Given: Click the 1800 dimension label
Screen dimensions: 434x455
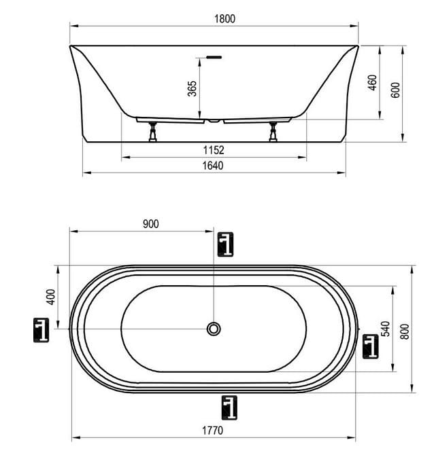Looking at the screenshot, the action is coord(224,19).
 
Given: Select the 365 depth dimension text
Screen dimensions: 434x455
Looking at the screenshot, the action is coord(192,88).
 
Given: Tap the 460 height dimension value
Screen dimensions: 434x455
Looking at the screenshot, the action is coord(372,83).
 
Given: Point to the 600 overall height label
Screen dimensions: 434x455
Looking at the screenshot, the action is coord(396,90).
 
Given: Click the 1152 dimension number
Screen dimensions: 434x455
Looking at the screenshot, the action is coord(214,150).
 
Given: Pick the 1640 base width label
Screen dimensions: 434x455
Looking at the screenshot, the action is coord(213,166).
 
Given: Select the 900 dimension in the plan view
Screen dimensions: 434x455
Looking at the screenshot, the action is coord(151,224).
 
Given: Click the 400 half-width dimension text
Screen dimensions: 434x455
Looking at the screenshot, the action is coord(50,297).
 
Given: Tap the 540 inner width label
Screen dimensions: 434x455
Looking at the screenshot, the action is coord(386,329).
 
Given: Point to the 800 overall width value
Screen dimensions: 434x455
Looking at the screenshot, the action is coord(405,331).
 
